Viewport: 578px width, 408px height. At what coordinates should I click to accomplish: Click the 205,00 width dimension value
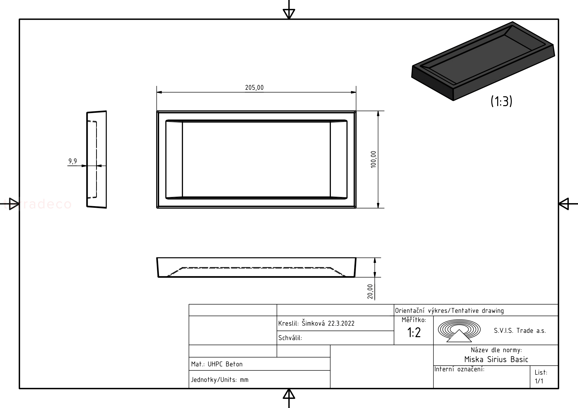point(254,87)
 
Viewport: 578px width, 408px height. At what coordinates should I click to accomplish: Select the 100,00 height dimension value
point(373,159)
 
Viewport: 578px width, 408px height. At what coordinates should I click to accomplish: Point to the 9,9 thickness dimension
point(73,161)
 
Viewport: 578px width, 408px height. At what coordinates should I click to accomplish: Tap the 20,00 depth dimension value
point(370,291)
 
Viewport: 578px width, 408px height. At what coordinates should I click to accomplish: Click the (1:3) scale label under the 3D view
point(501,101)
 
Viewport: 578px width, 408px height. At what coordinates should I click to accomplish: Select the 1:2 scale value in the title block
point(414,332)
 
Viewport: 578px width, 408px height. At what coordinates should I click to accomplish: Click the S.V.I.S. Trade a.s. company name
point(520,330)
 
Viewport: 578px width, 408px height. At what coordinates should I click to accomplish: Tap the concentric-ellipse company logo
point(459,330)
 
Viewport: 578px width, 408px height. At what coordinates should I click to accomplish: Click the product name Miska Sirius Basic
point(496,359)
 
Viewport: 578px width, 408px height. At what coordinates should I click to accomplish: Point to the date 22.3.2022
point(341,324)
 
